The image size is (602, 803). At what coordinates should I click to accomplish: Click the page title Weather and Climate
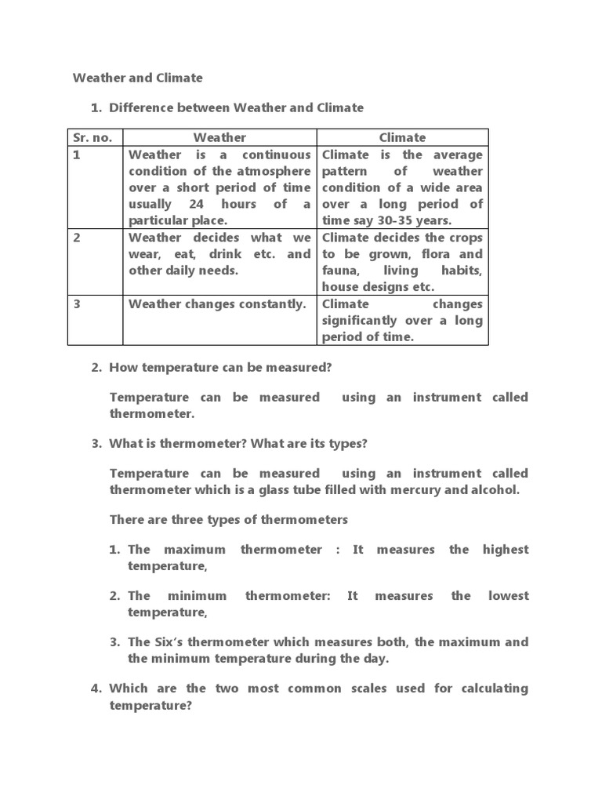click(x=137, y=78)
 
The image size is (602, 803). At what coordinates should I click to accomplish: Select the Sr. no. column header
click(x=92, y=137)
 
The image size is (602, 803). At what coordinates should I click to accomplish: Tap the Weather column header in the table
click(x=219, y=137)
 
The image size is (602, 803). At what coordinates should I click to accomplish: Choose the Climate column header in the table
click(x=402, y=137)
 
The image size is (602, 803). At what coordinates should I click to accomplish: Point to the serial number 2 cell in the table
click(x=78, y=238)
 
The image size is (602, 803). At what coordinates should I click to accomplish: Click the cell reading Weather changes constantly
click(x=217, y=304)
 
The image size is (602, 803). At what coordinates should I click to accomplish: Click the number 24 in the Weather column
click(x=201, y=204)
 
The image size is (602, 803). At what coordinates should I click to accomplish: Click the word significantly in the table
click(x=362, y=321)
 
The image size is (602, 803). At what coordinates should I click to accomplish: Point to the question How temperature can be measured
click(x=220, y=367)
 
